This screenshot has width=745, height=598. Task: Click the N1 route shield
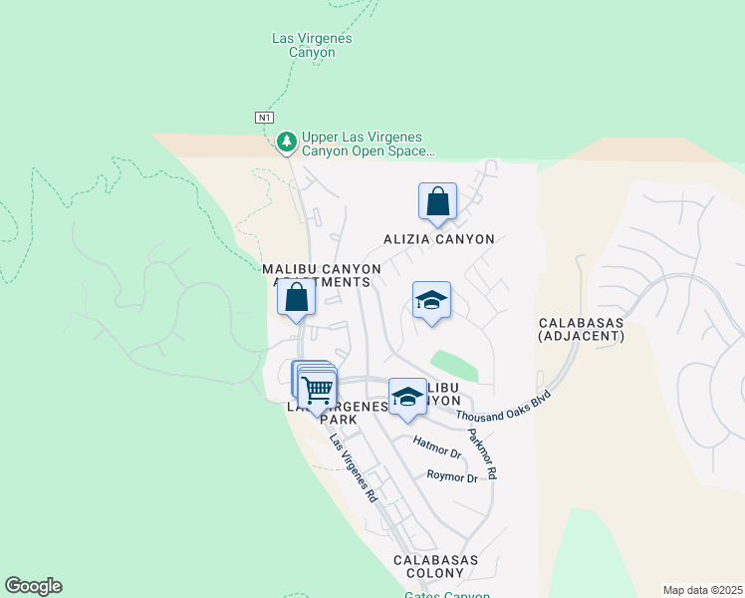(264, 118)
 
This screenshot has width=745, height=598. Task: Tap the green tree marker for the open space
(287, 143)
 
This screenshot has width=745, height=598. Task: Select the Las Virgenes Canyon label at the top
(312, 45)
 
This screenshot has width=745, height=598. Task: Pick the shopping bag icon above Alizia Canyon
(437, 202)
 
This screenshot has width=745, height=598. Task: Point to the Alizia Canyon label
(439, 239)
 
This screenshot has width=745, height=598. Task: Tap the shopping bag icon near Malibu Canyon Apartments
(296, 297)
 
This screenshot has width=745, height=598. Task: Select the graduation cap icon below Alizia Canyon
(431, 300)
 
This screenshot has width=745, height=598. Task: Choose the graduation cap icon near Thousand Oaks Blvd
(407, 397)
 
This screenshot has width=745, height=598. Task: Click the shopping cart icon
(318, 389)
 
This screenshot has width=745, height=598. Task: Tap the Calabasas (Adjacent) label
(581, 330)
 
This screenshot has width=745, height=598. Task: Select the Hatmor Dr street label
(437, 447)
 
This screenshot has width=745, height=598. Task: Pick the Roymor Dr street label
(452, 477)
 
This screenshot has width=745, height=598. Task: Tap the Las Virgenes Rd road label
(354, 469)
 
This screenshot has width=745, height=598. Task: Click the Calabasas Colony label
(435, 567)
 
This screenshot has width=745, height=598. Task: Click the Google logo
(33, 586)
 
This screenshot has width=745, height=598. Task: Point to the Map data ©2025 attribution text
(701, 590)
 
